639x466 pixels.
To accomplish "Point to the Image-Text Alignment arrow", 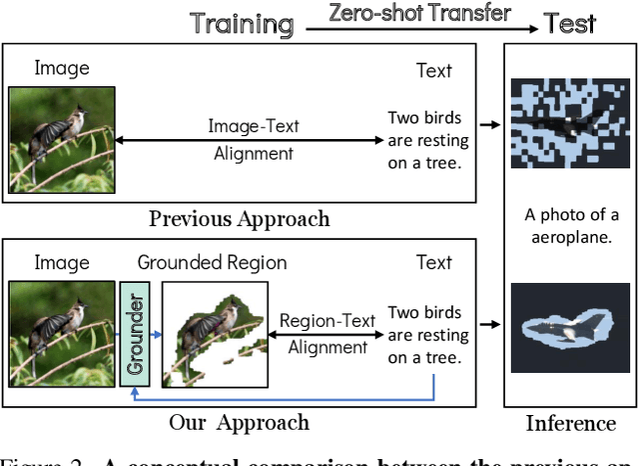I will tap(253, 140).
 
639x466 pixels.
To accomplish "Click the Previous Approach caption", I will tap(239, 218).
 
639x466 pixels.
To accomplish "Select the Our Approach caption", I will tap(239, 422).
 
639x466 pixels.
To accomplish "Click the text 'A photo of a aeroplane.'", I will tap(571, 226).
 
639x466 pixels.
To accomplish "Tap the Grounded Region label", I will tap(212, 263).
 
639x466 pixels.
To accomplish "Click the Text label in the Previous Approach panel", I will tap(434, 71).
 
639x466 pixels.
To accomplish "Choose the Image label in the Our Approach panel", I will tap(62, 263).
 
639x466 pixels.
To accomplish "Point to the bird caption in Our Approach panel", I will tap(424, 334).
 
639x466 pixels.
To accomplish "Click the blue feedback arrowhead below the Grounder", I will tap(134, 394).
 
